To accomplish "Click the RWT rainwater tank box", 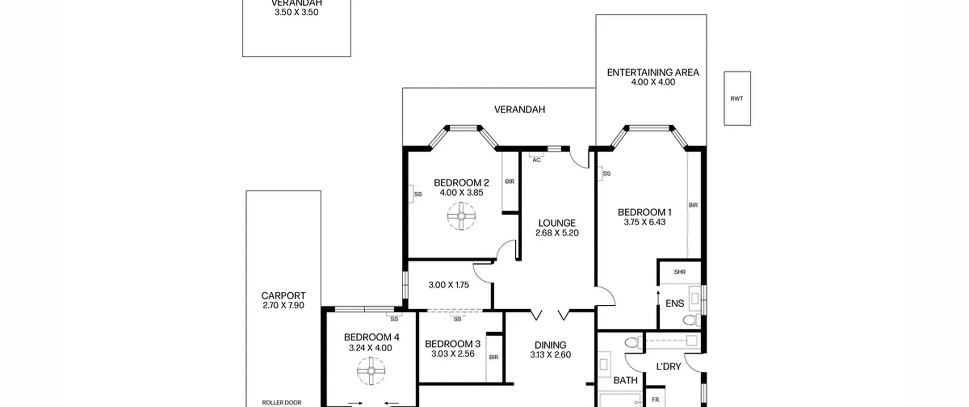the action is pos(737,98).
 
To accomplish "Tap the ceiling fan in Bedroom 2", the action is pos(461,216).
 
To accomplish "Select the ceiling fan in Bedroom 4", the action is pos(371,371).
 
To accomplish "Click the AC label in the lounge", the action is pos(536,160).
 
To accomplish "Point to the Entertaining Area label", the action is pos(653,72).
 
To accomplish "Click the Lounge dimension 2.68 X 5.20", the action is pos(557,233).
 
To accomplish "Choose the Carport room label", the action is pos(283,295).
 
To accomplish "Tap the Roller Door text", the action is pos(282,402).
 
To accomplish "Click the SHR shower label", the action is pos(680,272).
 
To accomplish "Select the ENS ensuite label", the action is pos(675,303).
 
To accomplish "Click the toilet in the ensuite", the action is pos(692,320).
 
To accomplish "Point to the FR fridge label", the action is pos(655,399).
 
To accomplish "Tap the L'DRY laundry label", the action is pos(668,366).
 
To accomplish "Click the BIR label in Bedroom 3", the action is pos(494,357).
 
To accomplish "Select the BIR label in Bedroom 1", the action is pos(693,205).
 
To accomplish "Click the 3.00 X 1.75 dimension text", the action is pos(449,285).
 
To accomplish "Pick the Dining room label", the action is pos(550,345).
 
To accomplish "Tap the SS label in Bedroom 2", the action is pos(418,194).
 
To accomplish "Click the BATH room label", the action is pos(625,380).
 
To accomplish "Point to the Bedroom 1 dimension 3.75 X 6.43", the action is pos(645,222).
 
